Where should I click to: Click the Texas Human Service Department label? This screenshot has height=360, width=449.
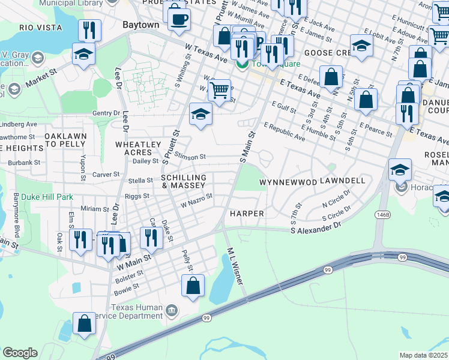(x=136, y=312)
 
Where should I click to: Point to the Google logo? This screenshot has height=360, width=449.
(x=20, y=353)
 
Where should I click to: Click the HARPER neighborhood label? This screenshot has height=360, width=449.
(x=247, y=214)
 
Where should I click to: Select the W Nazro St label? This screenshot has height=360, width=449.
(x=197, y=200)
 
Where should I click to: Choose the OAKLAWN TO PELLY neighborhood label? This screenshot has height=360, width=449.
(x=65, y=140)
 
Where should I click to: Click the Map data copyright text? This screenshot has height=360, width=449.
(x=423, y=355)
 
